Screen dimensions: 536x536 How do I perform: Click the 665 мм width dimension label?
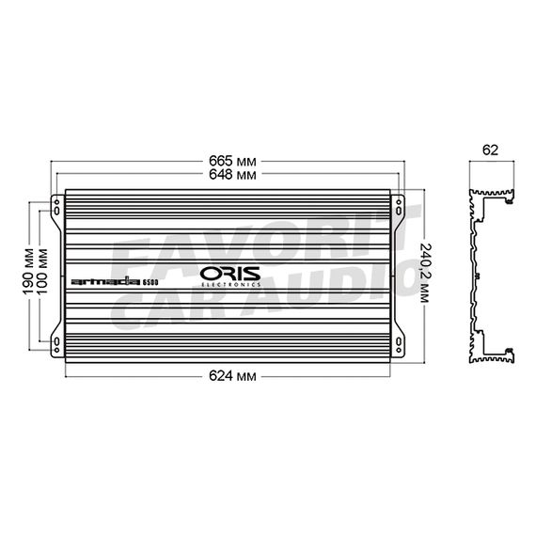[232, 161]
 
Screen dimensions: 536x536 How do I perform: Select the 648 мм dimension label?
[232, 175]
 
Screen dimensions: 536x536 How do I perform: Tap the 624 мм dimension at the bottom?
[232, 376]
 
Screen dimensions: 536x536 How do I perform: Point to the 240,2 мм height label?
[424, 273]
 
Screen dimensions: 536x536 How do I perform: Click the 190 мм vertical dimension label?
[29, 272]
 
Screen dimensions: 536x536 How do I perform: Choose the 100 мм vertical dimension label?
[42, 272]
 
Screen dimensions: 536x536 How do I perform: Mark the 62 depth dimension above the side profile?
[490, 150]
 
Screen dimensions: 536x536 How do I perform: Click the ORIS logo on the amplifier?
[230, 274]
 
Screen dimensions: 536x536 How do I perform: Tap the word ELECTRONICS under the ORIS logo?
[230, 284]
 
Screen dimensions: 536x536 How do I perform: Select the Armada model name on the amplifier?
[105, 282]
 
